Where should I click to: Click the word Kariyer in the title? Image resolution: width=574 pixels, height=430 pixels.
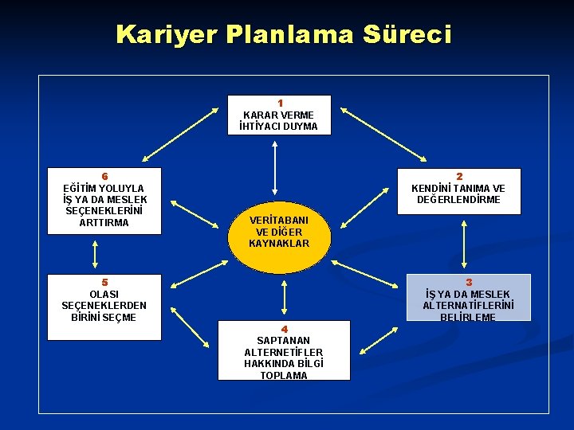tap(167, 34)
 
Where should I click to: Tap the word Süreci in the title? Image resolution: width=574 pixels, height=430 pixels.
tap(407, 34)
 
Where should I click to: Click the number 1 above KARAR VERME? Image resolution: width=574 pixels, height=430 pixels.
tap(280, 103)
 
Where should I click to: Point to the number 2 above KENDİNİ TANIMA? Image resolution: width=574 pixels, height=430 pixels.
tap(459, 176)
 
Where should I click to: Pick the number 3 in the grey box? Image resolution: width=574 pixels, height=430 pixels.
tap(469, 282)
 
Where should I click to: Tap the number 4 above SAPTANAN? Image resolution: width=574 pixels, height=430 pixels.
tap(284, 329)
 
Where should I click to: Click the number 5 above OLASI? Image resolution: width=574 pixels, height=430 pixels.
tap(104, 282)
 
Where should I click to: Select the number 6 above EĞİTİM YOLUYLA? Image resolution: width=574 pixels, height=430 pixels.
tap(104, 176)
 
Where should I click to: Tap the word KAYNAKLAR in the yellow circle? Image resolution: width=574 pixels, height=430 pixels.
tap(279, 243)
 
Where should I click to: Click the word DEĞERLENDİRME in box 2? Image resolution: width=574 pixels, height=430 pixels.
tap(459, 199)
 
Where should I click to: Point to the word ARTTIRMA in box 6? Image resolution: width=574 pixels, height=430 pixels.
tap(104, 222)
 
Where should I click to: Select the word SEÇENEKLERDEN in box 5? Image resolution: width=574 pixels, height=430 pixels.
tap(104, 305)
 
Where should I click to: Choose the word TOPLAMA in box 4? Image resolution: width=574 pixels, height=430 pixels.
tap(284, 375)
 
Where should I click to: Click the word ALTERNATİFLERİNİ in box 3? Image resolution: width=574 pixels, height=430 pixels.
tap(469, 305)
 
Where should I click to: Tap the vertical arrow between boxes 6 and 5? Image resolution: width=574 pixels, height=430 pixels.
tap(95, 254)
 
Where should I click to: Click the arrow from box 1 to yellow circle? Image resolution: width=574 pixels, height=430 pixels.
tap(274, 167)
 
